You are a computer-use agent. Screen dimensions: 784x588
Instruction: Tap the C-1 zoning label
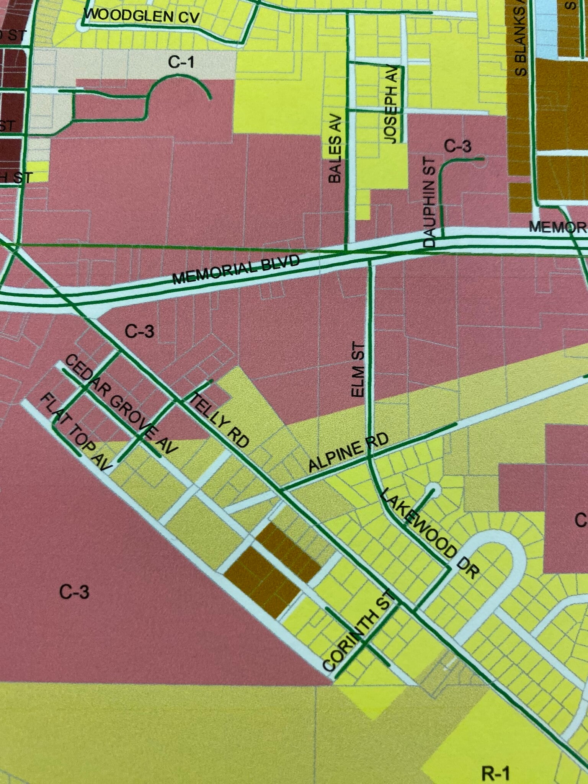click(x=181, y=62)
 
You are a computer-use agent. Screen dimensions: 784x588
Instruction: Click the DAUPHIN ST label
click(x=430, y=202)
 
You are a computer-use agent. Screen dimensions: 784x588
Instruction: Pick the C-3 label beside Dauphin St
click(x=458, y=146)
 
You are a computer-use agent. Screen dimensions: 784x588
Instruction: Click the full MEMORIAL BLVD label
click(x=236, y=270)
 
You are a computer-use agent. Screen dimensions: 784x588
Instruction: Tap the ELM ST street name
click(x=358, y=369)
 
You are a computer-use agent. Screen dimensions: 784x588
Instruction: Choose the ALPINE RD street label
click(x=348, y=452)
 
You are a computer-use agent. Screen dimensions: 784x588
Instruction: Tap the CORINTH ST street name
click(x=358, y=631)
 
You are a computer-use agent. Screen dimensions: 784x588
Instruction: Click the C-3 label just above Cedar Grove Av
click(x=140, y=331)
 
